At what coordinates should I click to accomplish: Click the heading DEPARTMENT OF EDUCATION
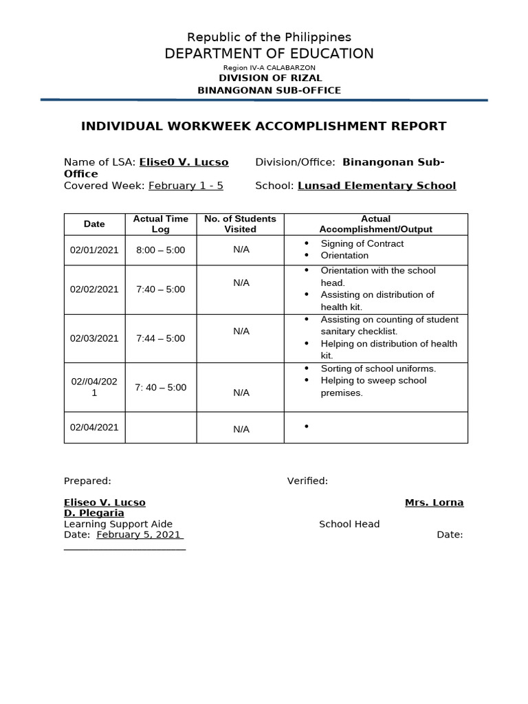coord(269,54)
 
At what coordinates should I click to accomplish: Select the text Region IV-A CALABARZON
coord(269,68)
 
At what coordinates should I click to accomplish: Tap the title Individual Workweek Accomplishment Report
coord(264,126)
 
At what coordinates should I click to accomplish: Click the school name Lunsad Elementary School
coord(376,186)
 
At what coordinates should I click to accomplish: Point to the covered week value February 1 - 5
coord(186,186)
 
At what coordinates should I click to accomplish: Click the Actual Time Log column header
coord(160,224)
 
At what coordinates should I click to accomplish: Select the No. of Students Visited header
coord(240,224)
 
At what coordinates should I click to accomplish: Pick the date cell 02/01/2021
coord(94,250)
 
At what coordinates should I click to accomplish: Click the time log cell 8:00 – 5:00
coord(160,250)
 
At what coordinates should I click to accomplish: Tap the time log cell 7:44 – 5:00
coord(160,338)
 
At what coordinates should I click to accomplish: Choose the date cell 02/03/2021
coord(94,338)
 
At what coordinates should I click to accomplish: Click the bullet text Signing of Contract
coord(362,243)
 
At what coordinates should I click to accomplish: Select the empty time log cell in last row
coord(160,428)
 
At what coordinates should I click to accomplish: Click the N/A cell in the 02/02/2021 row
coord(241,283)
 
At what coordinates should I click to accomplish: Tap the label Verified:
coord(307,481)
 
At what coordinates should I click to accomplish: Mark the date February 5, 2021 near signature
coord(139,535)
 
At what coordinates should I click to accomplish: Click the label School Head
coord(349,524)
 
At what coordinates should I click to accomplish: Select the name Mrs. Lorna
coord(434,503)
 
